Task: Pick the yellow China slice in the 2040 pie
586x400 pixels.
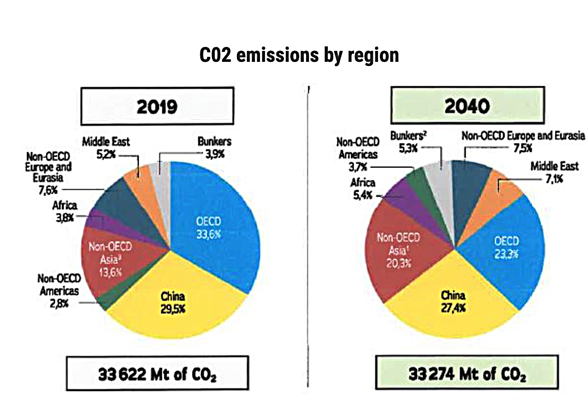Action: [x=452, y=312]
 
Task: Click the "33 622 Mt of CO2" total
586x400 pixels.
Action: [x=157, y=374]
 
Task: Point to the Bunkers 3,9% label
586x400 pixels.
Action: [x=214, y=146]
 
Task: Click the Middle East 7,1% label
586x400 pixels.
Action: [x=554, y=172]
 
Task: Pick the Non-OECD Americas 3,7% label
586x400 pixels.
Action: [x=357, y=154]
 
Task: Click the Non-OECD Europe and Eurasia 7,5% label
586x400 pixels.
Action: [x=523, y=142]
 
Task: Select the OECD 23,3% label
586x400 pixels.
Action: [x=506, y=247]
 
